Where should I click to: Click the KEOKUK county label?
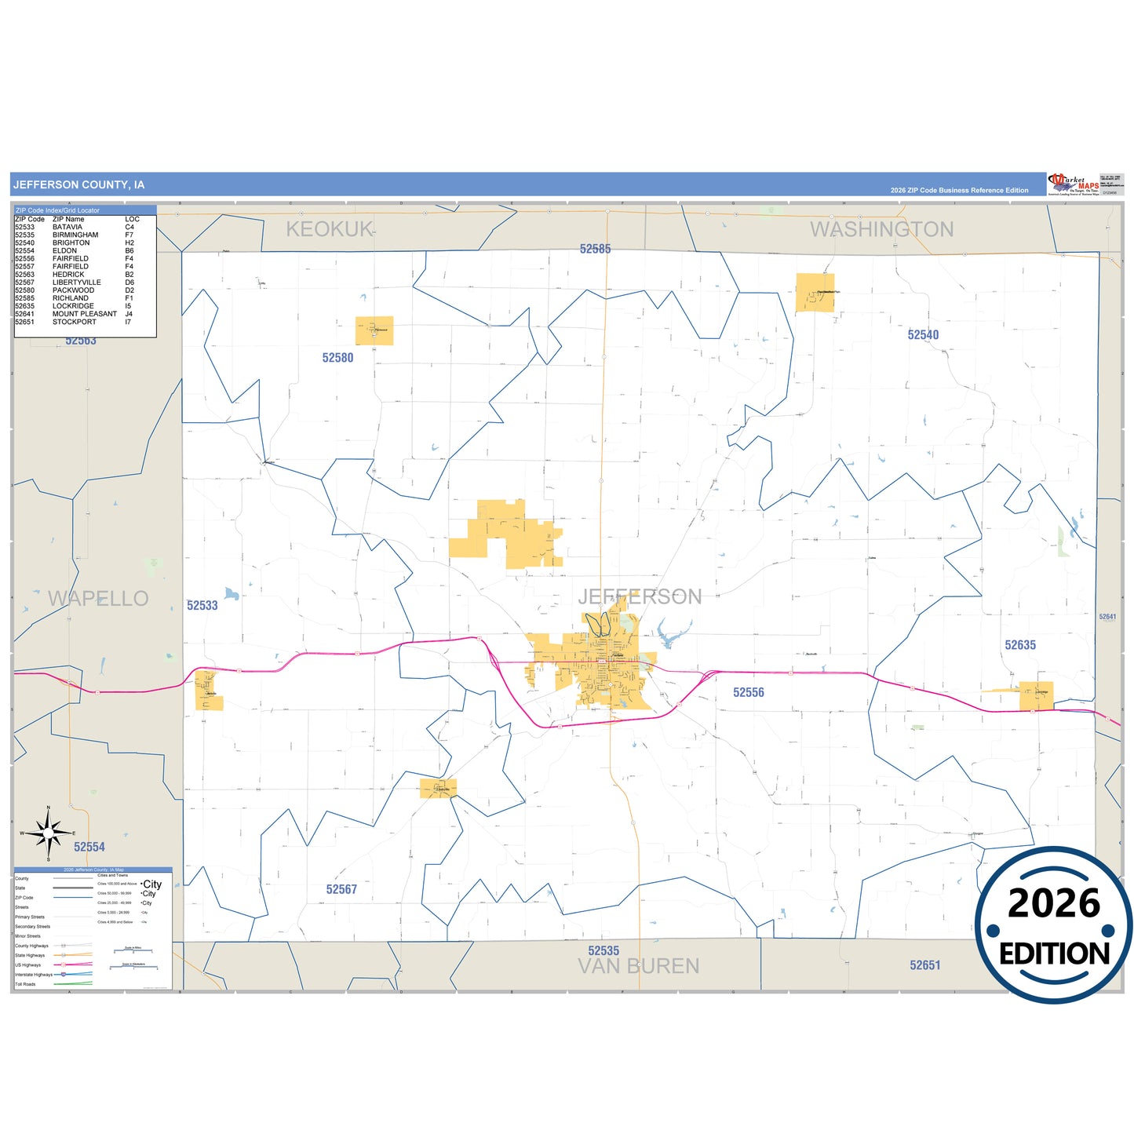coord(330,229)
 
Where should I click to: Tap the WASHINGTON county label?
coord(881,229)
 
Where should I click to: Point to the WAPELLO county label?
coord(98,599)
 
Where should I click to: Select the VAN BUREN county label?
coord(638,967)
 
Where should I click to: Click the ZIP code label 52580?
coord(337,358)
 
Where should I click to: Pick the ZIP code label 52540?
coord(923,335)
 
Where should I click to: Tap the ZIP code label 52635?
coord(1020,645)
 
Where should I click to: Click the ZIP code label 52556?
coord(748,692)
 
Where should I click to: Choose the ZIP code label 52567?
coord(341,889)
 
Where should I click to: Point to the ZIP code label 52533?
coord(202,606)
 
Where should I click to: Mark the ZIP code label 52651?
coord(924,965)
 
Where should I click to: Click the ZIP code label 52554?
coord(89,847)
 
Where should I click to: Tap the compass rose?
coord(49,833)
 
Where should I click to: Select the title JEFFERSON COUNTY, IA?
coord(78,185)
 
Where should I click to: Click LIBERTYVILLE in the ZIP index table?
coord(76,283)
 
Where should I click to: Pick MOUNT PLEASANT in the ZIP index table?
coord(84,314)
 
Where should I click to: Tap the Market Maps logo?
coord(1074,184)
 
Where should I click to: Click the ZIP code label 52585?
coord(595,249)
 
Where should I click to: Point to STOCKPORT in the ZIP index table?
coord(74,322)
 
